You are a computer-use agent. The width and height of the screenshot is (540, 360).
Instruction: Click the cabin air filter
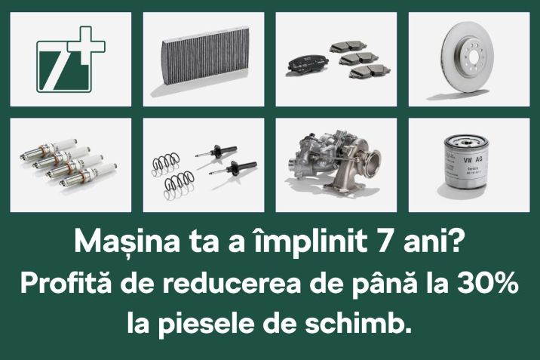click(x=205, y=56)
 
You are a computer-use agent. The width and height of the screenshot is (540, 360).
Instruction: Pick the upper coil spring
click(x=166, y=163)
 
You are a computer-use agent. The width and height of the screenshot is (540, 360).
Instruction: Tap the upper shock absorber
click(x=216, y=152)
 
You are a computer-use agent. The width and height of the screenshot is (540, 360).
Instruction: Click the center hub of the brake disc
click(x=473, y=56)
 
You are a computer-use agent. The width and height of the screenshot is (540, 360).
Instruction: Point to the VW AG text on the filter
click(x=473, y=159)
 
